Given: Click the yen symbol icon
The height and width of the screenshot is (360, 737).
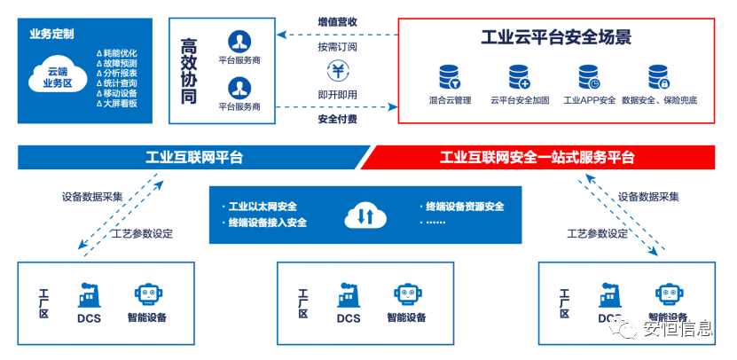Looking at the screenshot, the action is point(337,71).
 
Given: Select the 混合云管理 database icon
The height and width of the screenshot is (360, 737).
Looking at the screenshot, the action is point(450,77).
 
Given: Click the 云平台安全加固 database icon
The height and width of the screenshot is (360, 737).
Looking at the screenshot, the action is point(520,77).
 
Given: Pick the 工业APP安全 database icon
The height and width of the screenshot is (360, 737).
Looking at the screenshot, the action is point(589,77).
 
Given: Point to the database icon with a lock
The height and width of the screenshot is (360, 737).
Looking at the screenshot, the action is point(659,77).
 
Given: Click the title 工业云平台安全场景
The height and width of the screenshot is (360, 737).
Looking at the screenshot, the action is point(556,37).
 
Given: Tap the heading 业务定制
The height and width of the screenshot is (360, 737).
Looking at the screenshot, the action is point(51,35).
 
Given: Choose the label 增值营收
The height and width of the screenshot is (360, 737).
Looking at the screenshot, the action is point(337,22).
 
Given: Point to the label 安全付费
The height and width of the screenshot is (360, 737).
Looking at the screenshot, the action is point(337,119).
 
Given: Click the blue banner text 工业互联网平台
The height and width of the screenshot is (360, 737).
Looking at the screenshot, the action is point(194,158).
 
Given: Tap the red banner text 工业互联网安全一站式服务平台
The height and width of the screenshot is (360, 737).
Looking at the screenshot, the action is point(537,158).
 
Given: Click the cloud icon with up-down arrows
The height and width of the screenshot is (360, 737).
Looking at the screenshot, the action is point(365,215).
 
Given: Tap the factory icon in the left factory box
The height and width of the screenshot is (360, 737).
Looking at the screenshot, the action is point(89,295).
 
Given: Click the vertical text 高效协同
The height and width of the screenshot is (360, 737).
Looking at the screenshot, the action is point(189,71).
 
